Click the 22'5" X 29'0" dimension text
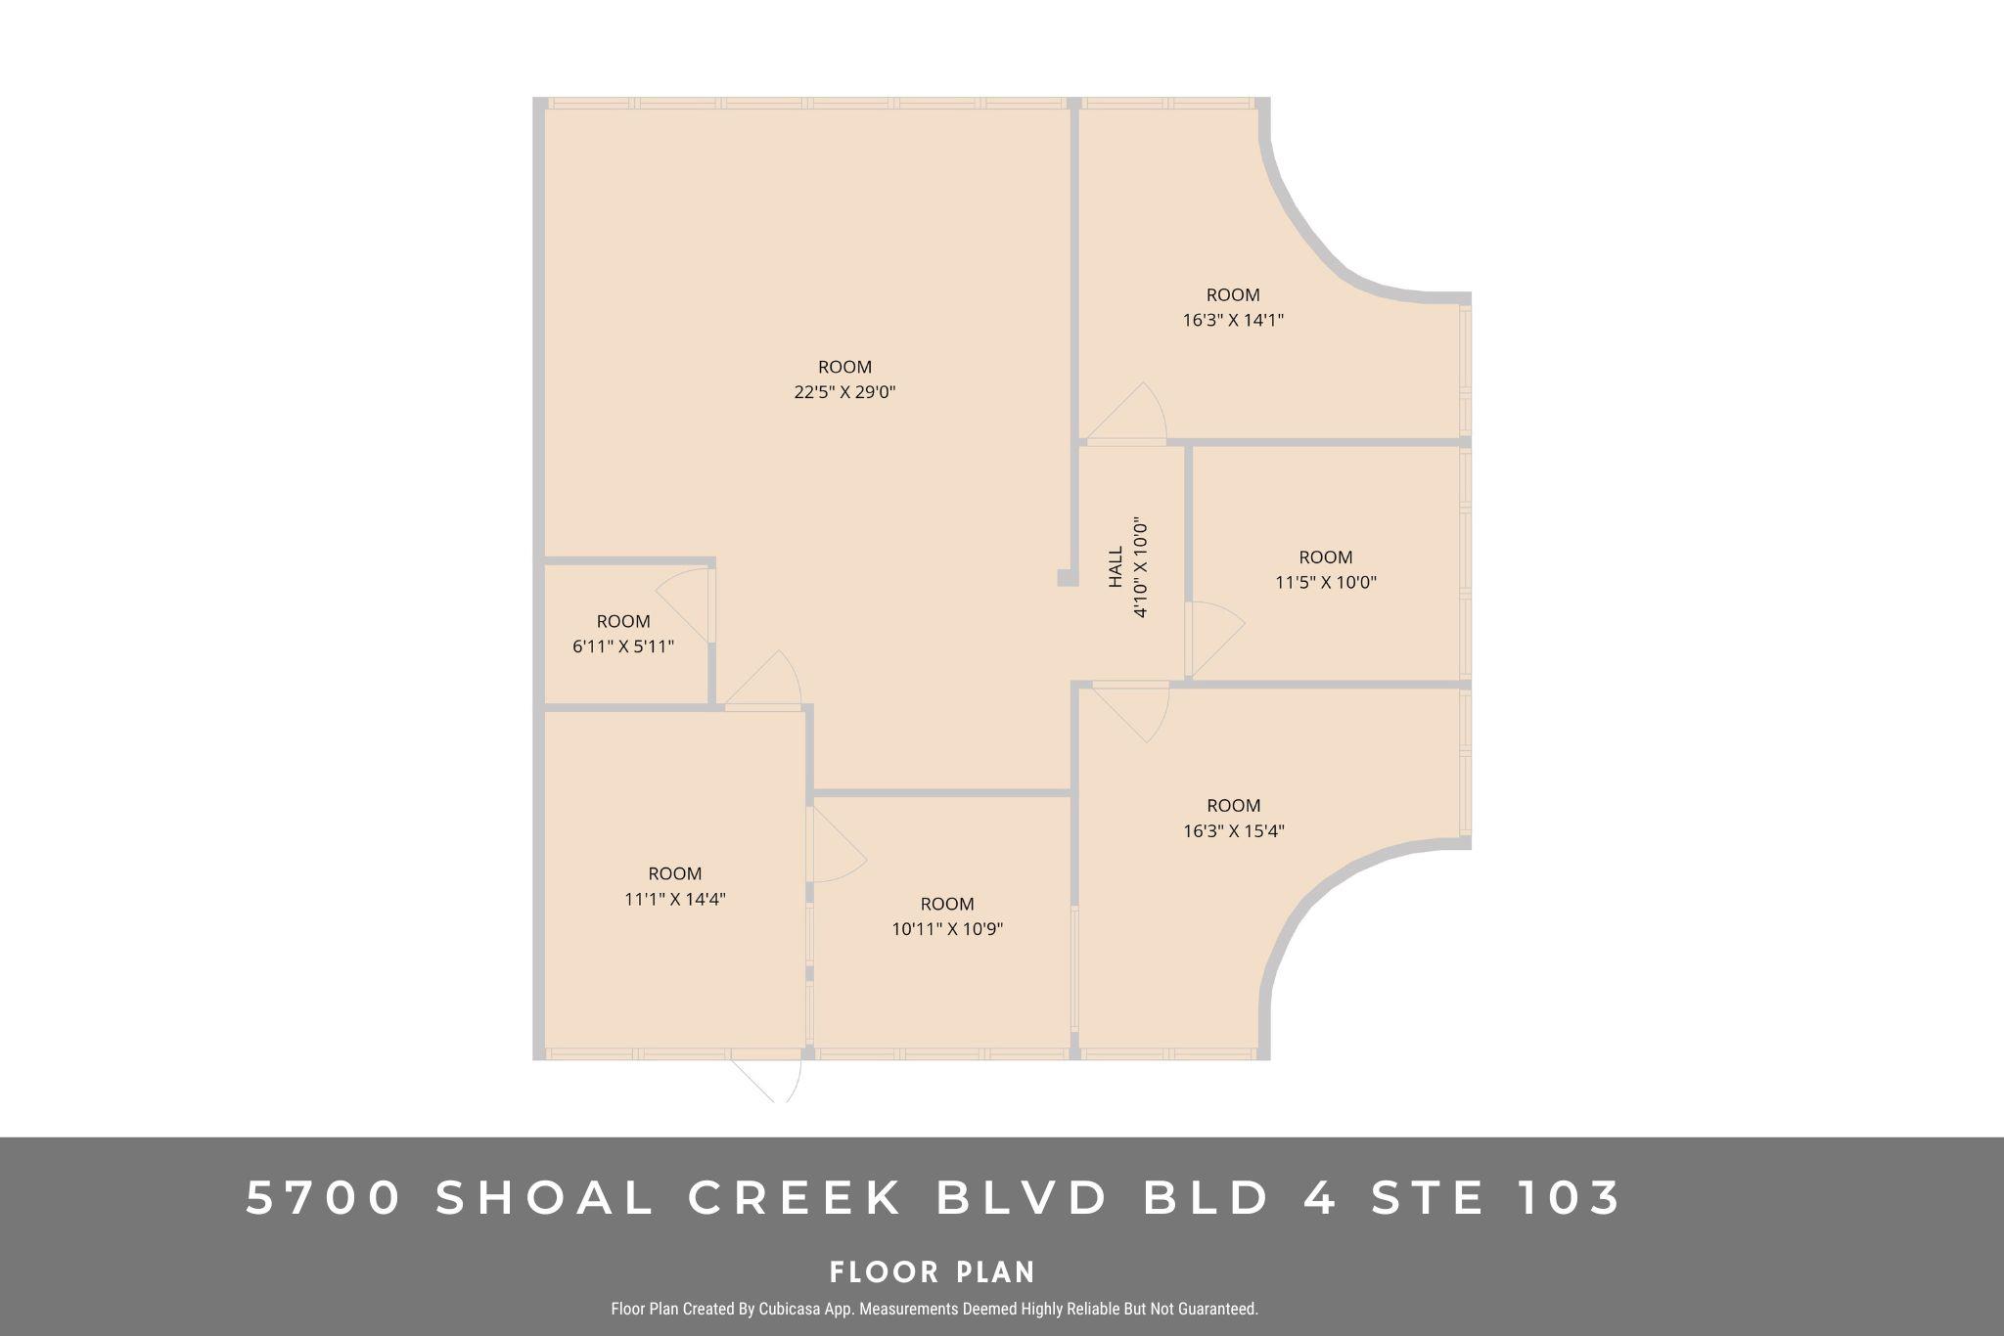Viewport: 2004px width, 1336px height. point(844,393)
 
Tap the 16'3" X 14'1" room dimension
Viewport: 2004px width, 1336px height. point(1233,320)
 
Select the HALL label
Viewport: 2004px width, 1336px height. point(1116,567)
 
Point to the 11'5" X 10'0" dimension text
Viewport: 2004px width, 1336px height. point(1326,583)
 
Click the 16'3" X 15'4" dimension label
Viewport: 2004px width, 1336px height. point(1233,831)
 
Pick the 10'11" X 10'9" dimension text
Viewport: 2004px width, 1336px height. point(947,929)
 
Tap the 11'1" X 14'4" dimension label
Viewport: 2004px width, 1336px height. point(675,899)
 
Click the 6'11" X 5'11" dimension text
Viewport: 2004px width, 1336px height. point(623,646)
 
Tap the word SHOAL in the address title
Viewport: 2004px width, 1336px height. point(544,1198)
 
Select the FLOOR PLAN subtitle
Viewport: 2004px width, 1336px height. point(933,1272)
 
